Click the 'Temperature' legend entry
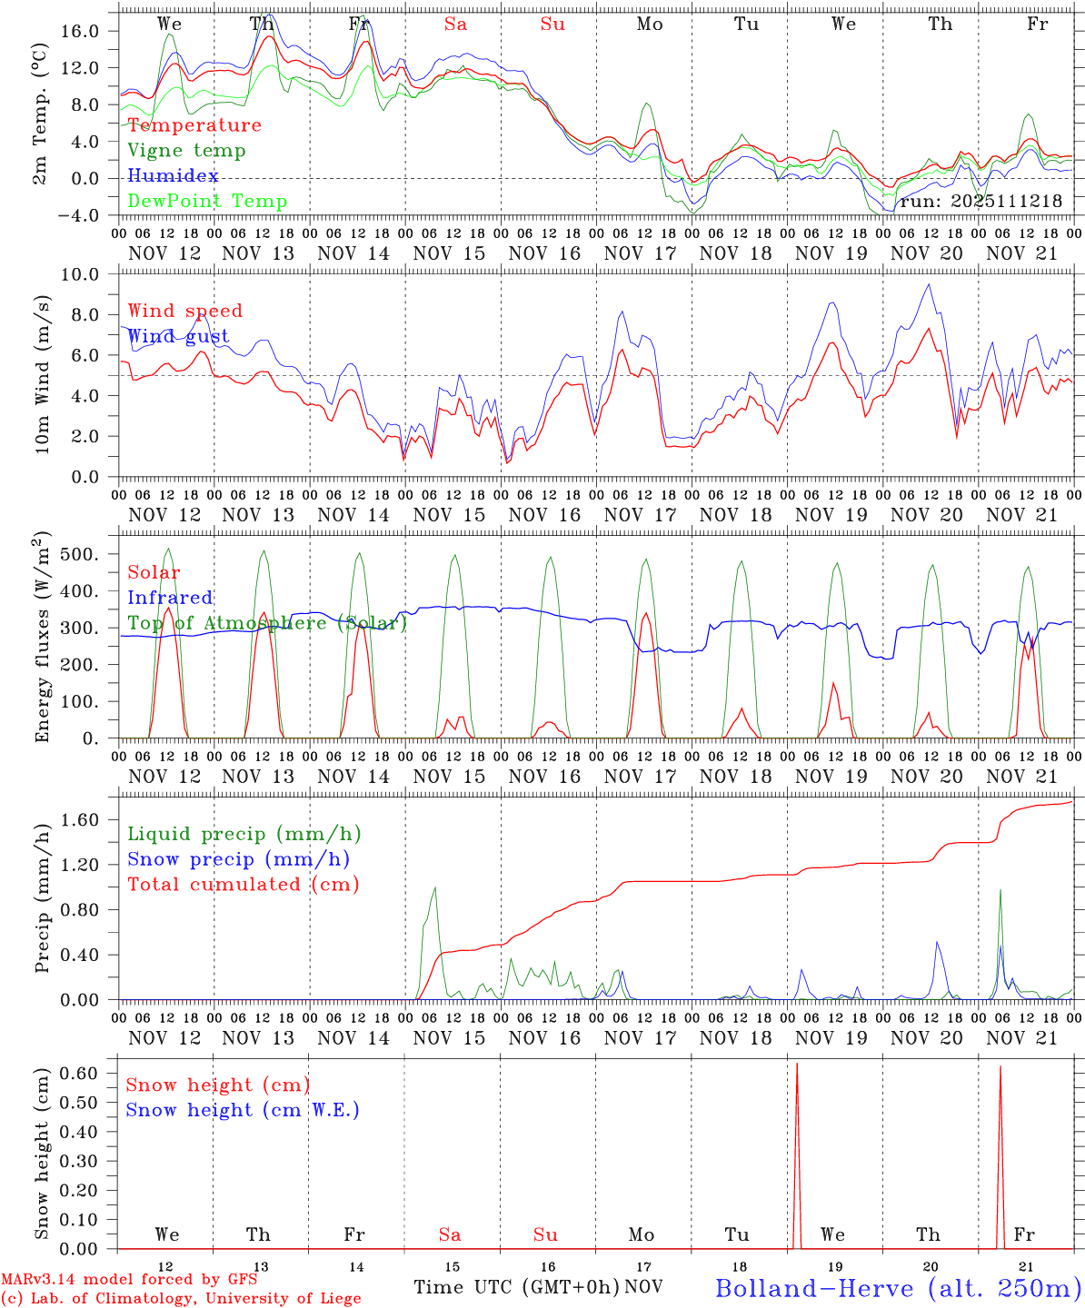(194, 125)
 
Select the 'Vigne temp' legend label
(186, 151)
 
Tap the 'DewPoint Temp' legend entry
(207, 202)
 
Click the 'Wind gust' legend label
(178, 337)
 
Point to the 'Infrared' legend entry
(170, 598)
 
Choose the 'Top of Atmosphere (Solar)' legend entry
(267, 623)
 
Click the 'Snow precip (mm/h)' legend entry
(239, 859)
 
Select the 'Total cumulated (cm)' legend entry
(244, 885)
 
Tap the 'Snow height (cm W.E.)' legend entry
(243, 1110)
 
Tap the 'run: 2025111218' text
(980, 202)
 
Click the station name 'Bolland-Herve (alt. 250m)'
(898, 1288)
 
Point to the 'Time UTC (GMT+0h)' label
(516, 1287)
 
